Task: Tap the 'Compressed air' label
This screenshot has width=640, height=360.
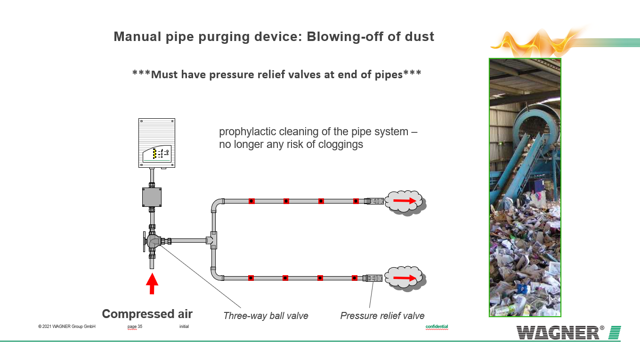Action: point(147,314)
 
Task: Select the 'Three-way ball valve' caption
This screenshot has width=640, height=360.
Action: point(266,316)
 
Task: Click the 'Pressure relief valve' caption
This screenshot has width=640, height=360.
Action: point(382,316)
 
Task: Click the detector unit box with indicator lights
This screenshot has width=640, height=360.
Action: point(157,143)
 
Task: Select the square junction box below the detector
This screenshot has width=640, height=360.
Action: point(152,197)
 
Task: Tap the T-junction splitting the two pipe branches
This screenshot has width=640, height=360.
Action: point(213,240)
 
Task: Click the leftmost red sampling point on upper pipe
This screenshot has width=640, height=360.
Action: point(251,201)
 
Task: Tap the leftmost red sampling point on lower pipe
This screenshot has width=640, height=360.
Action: point(251,278)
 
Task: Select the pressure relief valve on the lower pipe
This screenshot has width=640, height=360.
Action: point(373,278)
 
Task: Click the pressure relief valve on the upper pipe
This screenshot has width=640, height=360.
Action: point(374,201)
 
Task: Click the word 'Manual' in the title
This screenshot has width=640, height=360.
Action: point(136,37)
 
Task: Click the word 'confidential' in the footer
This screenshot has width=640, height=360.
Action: point(437,327)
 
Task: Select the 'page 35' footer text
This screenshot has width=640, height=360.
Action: point(135,327)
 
